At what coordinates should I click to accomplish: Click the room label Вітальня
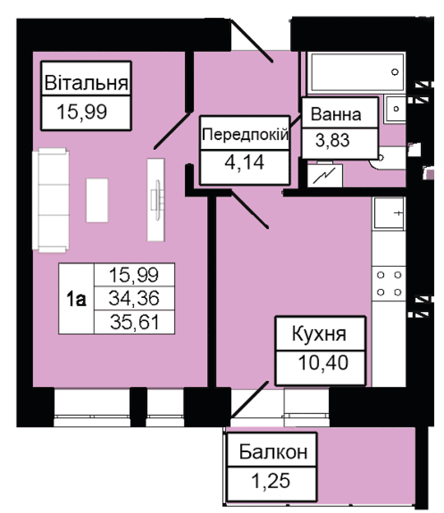pyautogui.click(x=86, y=82)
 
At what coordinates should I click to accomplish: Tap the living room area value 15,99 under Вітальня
pyautogui.click(x=82, y=112)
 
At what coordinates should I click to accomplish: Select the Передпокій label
pyautogui.click(x=245, y=134)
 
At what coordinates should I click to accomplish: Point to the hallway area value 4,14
pyautogui.click(x=245, y=162)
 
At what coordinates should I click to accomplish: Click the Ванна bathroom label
pyautogui.click(x=336, y=114)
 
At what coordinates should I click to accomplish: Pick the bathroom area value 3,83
pyautogui.click(x=332, y=140)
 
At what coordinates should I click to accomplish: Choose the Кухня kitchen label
pyautogui.click(x=319, y=334)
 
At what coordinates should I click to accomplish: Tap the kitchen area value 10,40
pyautogui.click(x=323, y=363)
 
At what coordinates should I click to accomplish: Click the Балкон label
pyautogui.click(x=273, y=452)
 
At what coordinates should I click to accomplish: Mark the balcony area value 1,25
pyautogui.click(x=271, y=481)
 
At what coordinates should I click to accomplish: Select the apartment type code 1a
pyautogui.click(x=76, y=299)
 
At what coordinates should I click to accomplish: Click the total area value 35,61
pyautogui.click(x=135, y=322)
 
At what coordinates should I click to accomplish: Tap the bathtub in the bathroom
pyautogui.click(x=357, y=72)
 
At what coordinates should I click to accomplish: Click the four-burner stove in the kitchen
pyautogui.click(x=389, y=283)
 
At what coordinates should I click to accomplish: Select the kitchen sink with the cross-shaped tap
pyautogui.click(x=389, y=213)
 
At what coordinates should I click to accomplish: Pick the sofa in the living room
pyautogui.click(x=51, y=200)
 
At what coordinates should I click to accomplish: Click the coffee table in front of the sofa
pyautogui.click(x=97, y=200)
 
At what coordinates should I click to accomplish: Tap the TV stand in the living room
pyautogui.click(x=156, y=200)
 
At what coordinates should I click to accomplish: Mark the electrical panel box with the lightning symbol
pyautogui.click(x=325, y=176)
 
